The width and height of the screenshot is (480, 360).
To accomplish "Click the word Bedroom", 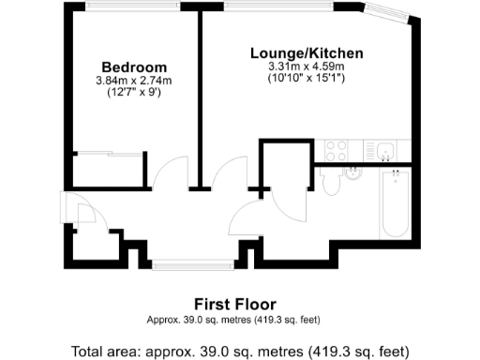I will click(x=134, y=67).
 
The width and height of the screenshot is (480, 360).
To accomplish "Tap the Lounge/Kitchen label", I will click(x=307, y=53).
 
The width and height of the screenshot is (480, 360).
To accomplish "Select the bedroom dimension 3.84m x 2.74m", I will click(x=134, y=81).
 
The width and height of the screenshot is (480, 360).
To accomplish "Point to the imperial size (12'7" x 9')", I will click(x=134, y=93).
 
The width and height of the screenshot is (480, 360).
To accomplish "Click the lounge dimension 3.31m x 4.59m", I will click(x=307, y=67).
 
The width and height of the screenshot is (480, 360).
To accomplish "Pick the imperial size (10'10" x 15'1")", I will click(x=307, y=79).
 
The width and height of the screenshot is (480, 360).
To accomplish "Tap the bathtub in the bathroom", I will click(x=394, y=204).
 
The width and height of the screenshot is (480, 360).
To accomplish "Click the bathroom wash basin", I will click(x=353, y=172).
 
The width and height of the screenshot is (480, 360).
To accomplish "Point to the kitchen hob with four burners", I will click(x=335, y=151).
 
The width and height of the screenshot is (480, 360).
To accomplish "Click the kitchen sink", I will click(x=386, y=150).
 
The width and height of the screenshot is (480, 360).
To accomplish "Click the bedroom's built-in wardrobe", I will click(x=108, y=170).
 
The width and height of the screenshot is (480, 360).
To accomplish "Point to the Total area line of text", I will click(x=240, y=352).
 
